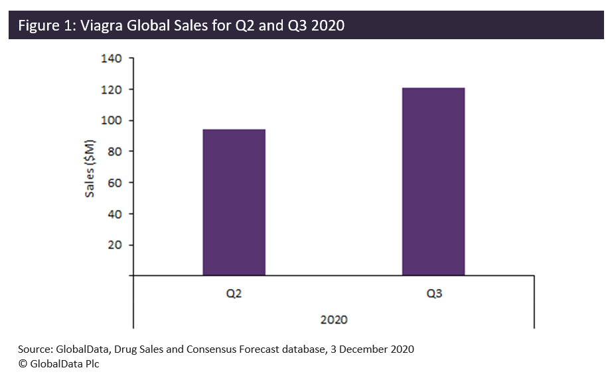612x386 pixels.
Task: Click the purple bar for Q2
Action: (x=234, y=202)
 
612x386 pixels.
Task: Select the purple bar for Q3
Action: (x=433, y=181)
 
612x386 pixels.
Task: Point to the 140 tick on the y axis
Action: (x=112, y=58)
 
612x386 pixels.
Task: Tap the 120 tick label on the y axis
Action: (x=112, y=90)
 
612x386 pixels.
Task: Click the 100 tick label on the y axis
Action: (x=112, y=120)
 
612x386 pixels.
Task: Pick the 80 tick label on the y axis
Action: (x=114, y=151)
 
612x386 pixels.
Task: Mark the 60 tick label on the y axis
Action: (x=114, y=183)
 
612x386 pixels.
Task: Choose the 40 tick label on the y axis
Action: (x=114, y=214)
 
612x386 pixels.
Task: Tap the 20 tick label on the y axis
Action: (x=114, y=245)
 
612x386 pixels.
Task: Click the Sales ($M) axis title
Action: (x=90, y=168)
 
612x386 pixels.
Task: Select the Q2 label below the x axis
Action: (x=234, y=293)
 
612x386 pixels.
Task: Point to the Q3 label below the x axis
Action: (x=433, y=293)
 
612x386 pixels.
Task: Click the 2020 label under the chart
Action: (x=334, y=320)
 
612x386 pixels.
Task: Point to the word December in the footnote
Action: (x=363, y=349)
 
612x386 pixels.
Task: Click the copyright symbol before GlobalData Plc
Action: (x=23, y=363)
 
